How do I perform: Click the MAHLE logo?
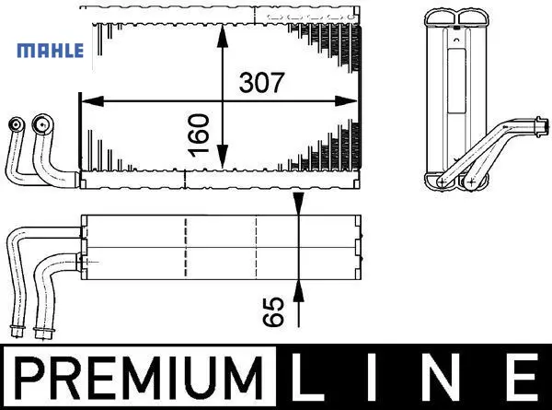(51, 51)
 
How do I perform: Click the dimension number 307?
(261, 83)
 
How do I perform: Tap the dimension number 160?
(199, 135)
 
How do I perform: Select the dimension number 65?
(273, 311)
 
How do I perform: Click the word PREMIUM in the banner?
(140, 378)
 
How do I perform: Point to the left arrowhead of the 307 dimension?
(93, 101)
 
